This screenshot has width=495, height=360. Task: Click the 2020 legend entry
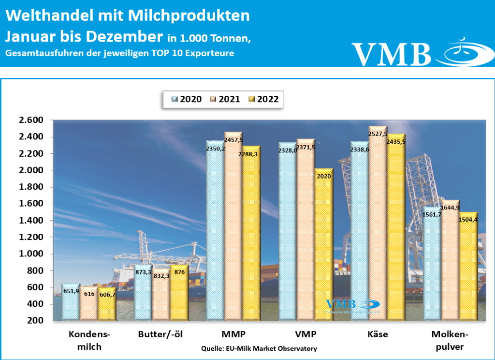pyautogui.click(x=186, y=99)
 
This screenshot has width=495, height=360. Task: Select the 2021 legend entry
pyautogui.click(x=225, y=99)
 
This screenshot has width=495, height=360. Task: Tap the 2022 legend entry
pyautogui.click(x=263, y=99)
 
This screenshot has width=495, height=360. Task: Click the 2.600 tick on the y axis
pyautogui.click(x=30, y=120)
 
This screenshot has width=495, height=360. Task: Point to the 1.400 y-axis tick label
pyautogui.click(x=30, y=221)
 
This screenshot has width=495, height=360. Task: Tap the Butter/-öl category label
pyautogui.click(x=160, y=334)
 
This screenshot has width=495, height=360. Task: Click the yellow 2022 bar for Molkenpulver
pyautogui.click(x=468, y=271)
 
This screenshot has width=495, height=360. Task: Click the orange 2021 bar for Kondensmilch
pyautogui.click(x=88, y=310)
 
